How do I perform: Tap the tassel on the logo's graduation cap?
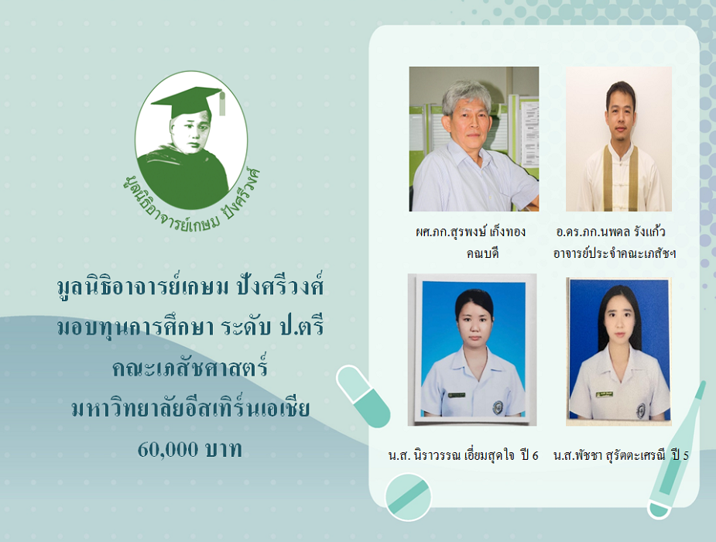(222, 104)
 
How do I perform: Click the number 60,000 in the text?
(168, 450)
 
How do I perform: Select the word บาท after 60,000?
(223, 450)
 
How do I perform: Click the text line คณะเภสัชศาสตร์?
(190, 367)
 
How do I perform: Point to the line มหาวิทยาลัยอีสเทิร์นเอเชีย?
(191, 408)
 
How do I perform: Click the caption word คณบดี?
(482, 253)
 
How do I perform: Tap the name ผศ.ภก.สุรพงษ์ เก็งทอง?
(471, 232)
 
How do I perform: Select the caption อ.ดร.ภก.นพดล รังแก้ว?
(611, 232)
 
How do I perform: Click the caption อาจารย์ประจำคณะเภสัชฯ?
(614, 253)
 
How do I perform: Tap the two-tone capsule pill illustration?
(363, 396)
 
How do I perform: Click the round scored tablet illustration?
(408, 497)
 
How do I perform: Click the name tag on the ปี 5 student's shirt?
(604, 395)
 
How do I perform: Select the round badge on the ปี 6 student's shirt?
(497, 407)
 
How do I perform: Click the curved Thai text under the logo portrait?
(192, 201)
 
